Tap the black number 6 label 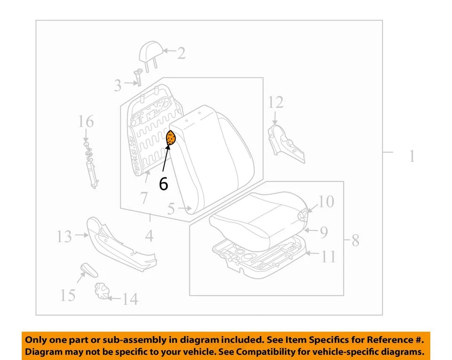tap(163, 184)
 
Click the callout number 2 tap(181, 53)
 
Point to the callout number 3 tap(117, 86)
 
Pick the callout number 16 tap(86, 122)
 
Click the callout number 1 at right tap(412, 156)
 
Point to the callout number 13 tap(65, 236)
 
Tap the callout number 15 tap(68, 295)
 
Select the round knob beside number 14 tap(101, 290)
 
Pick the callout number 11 tap(328, 256)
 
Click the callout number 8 tap(355, 241)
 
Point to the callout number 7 tap(144, 198)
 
